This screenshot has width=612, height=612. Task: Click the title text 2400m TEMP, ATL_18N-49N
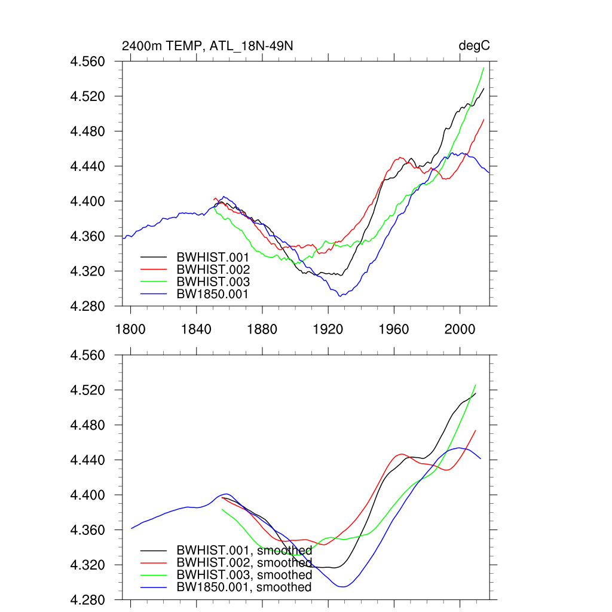[x=207, y=46]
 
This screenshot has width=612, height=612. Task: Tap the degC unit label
[x=474, y=46]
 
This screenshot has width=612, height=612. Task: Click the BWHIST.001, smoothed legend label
[x=244, y=550]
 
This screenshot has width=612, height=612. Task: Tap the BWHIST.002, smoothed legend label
[x=244, y=563]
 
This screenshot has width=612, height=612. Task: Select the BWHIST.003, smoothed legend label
[x=244, y=575]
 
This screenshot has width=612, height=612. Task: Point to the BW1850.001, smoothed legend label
[x=244, y=587]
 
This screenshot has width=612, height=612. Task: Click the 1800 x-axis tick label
[x=130, y=328]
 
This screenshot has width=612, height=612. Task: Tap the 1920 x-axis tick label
[x=328, y=328]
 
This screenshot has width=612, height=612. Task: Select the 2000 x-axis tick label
[x=460, y=328]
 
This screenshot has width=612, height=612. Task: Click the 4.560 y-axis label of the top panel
[x=88, y=62]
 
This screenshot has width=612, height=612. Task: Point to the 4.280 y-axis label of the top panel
[x=88, y=307]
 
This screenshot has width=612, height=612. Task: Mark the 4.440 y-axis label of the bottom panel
[x=88, y=461]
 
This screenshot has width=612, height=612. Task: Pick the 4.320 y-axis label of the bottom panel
[x=88, y=565]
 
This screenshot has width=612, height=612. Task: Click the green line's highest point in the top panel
[x=483, y=68]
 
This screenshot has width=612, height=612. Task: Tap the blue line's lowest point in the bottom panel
[x=343, y=587]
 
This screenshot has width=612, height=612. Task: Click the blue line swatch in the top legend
[x=153, y=294]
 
